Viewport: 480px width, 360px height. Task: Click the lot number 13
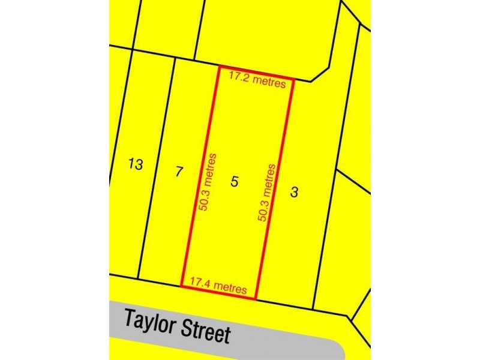point(136,164)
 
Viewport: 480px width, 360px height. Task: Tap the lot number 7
point(178,172)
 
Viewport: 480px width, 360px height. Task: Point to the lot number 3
point(294,193)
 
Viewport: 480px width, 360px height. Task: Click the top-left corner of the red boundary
point(217,67)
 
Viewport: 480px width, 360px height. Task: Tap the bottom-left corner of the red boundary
point(182,286)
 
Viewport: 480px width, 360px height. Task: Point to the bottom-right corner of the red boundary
point(257,298)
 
